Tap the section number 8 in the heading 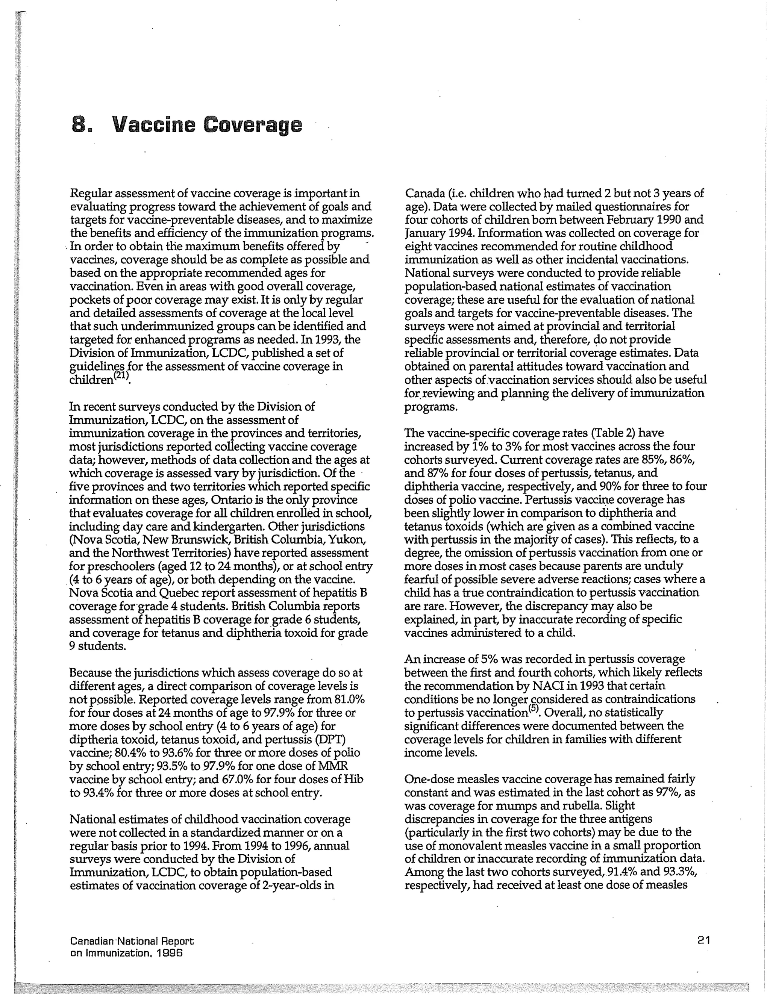(x=79, y=124)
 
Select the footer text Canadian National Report (x=132, y=941)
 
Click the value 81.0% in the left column (x=349, y=699)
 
